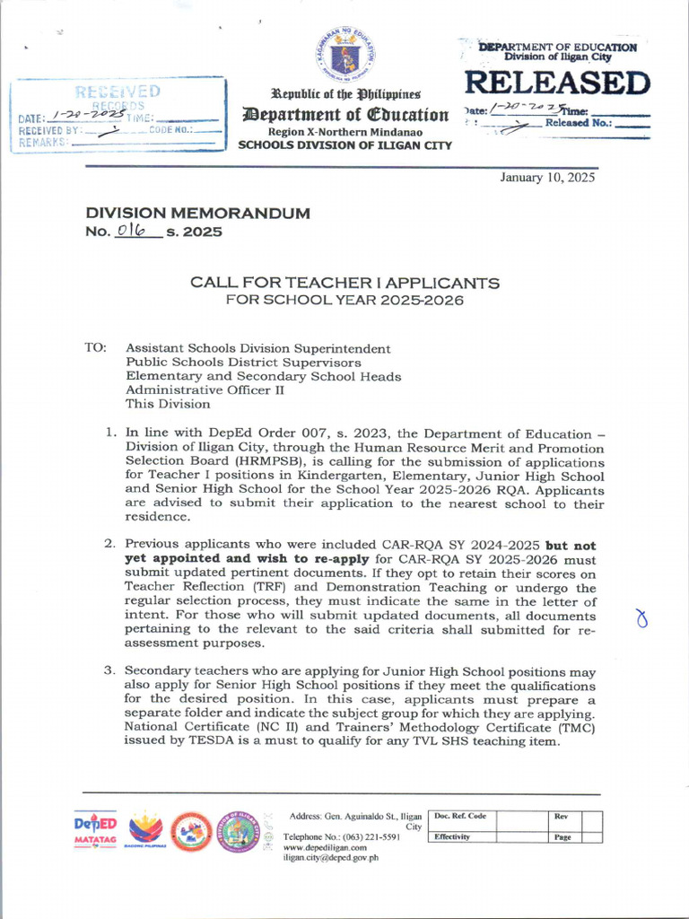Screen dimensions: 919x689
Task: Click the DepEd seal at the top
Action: (x=344, y=55)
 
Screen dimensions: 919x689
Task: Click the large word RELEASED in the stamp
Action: (x=556, y=83)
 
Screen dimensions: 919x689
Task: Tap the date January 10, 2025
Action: (x=547, y=177)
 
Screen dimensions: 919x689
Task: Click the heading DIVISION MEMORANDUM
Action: (x=197, y=214)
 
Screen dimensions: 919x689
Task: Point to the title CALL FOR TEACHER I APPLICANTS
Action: (x=344, y=283)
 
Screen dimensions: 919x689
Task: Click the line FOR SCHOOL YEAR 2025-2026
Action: (x=344, y=300)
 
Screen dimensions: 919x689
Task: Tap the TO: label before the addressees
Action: (x=96, y=347)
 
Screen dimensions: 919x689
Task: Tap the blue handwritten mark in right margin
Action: (x=641, y=619)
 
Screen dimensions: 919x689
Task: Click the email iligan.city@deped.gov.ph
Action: (x=331, y=857)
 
